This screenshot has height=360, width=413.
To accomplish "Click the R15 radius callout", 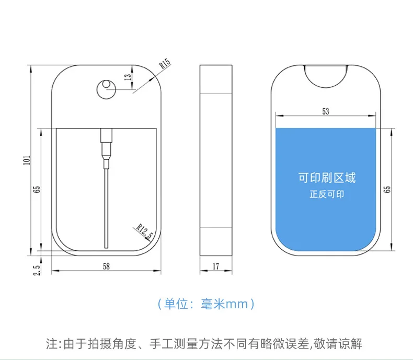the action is click(x=165, y=64).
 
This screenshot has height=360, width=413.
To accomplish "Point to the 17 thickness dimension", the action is click(x=215, y=266).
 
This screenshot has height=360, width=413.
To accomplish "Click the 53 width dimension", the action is click(x=326, y=111).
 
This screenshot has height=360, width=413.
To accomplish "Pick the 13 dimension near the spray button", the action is click(x=127, y=77).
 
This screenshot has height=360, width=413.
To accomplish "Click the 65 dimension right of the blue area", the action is click(x=387, y=188).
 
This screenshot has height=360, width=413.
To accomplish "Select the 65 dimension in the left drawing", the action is click(x=37, y=189).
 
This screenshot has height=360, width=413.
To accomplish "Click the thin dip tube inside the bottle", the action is click(x=106, y=209).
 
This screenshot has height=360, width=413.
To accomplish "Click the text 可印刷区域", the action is click(x=327, y=178).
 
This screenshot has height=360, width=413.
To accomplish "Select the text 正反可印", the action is click(x=327, y=194).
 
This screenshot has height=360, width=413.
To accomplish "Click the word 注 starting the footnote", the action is click(x=51, y=344).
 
